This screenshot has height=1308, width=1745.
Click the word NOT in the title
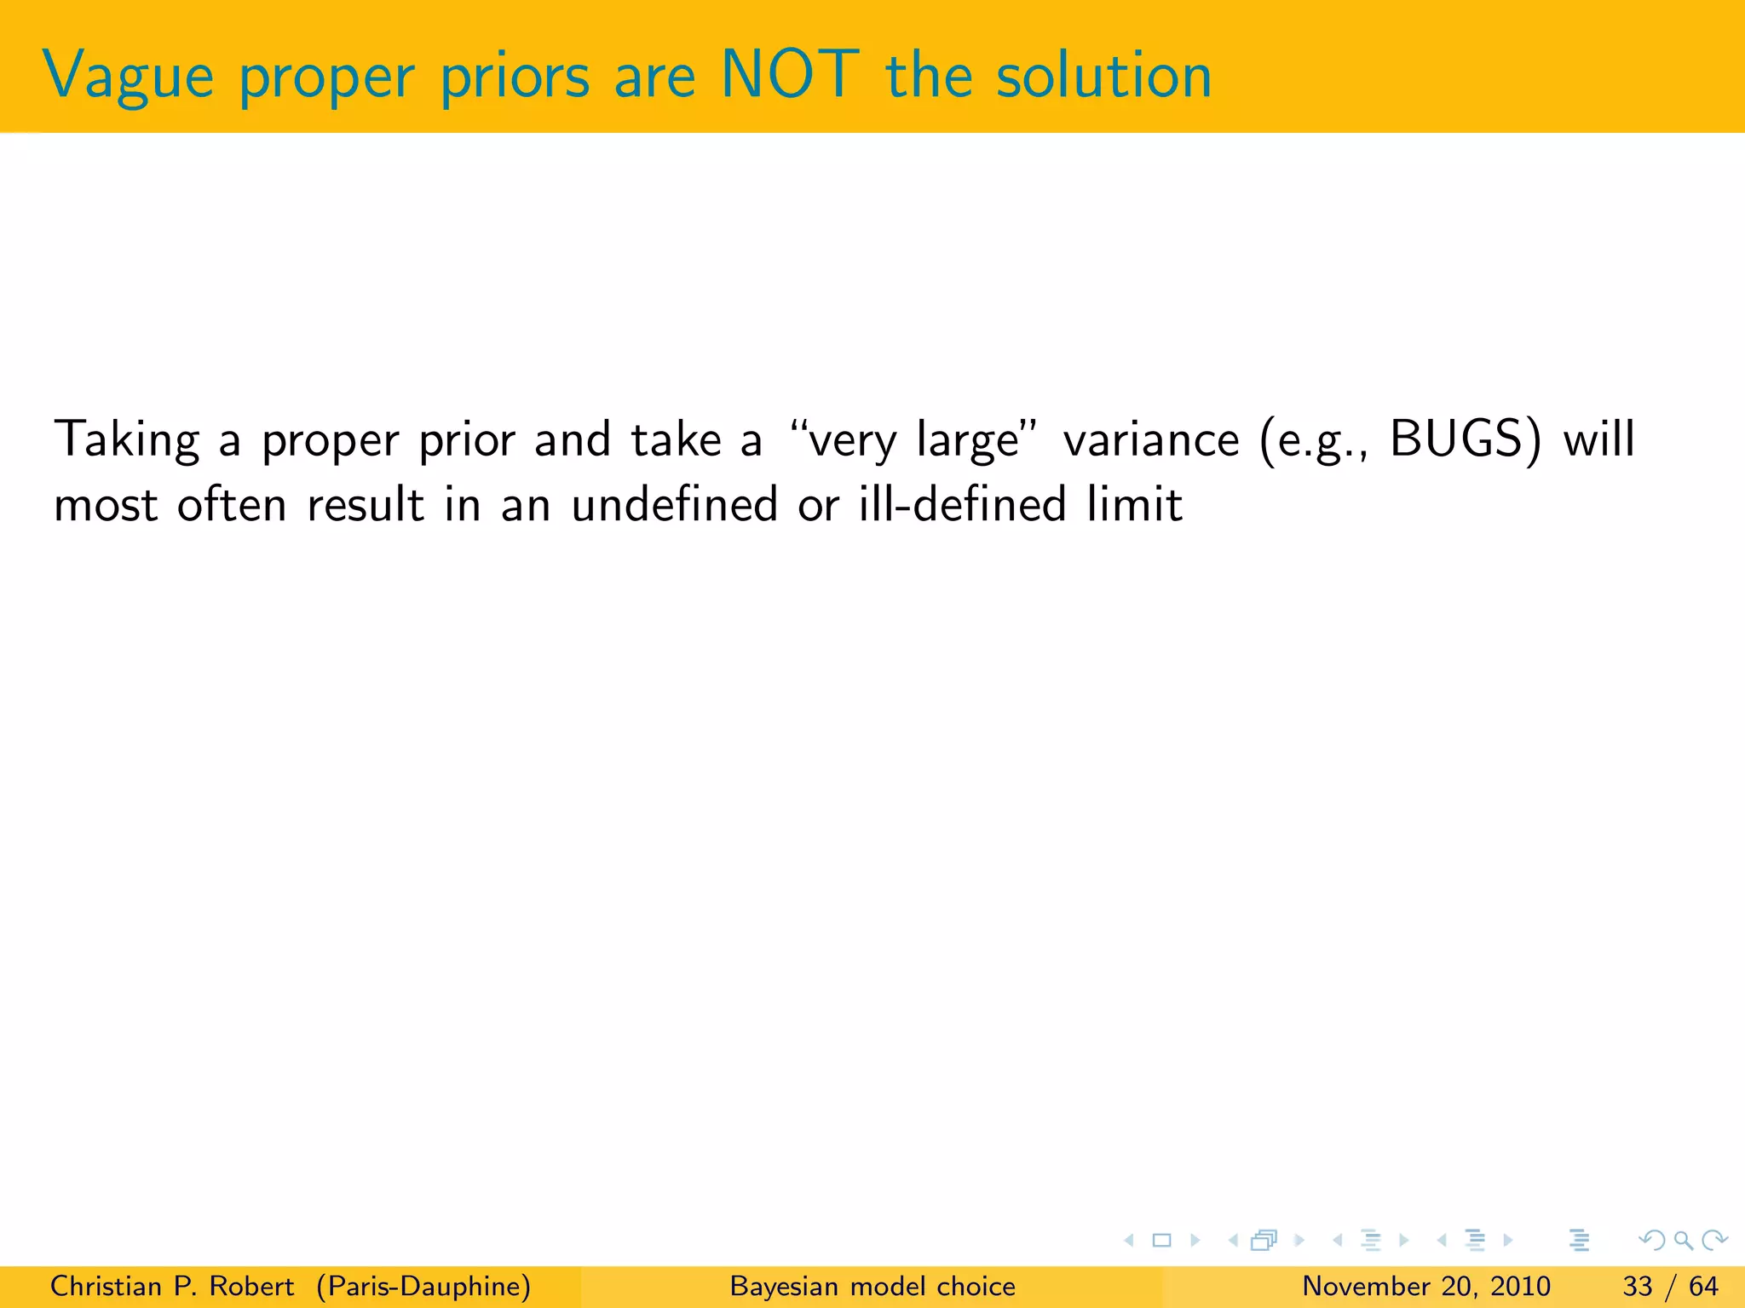pos(789,75)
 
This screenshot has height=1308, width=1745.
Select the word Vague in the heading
pos(128,77)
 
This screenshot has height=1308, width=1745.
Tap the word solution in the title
pos(1103,75)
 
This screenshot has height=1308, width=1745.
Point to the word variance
pos(1151,440)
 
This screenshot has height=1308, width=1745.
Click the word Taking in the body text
pos(127,441)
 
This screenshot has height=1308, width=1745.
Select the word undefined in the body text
pos(674,504)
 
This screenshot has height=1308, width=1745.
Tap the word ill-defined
pos(962,504)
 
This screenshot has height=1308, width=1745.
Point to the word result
pos(365,505)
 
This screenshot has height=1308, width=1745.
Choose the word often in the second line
pos(232,504)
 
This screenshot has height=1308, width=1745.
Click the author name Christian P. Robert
pos(172,1286)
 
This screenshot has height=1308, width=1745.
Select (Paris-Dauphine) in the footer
pos(423,1286)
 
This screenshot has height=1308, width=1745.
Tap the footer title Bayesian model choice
pos(872,1286)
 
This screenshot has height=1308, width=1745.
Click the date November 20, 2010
pos(1425,1286)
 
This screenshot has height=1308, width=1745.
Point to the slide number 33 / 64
pos(1670,1286)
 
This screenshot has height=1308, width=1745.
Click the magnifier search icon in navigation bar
pos(1683,1240)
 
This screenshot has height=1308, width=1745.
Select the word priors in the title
pos(515,77)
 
